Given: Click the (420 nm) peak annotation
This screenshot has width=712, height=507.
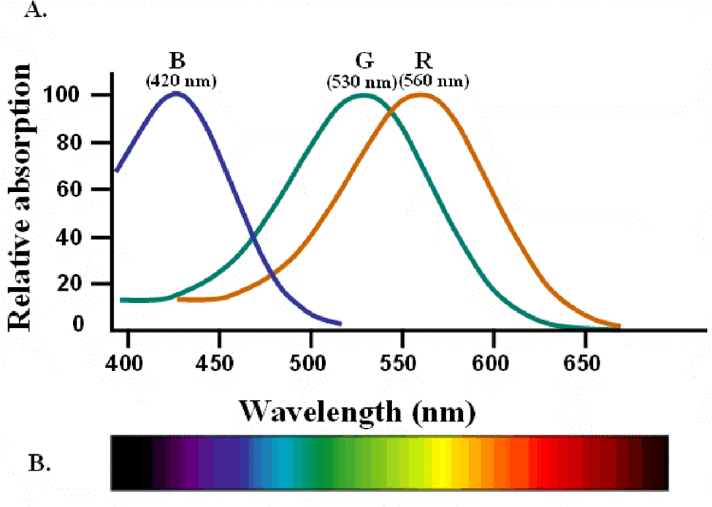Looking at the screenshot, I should [181, 80].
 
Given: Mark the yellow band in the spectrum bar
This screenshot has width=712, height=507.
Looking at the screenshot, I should [442, 463].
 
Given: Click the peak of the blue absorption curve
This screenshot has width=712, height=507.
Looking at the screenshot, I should [175, 93].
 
